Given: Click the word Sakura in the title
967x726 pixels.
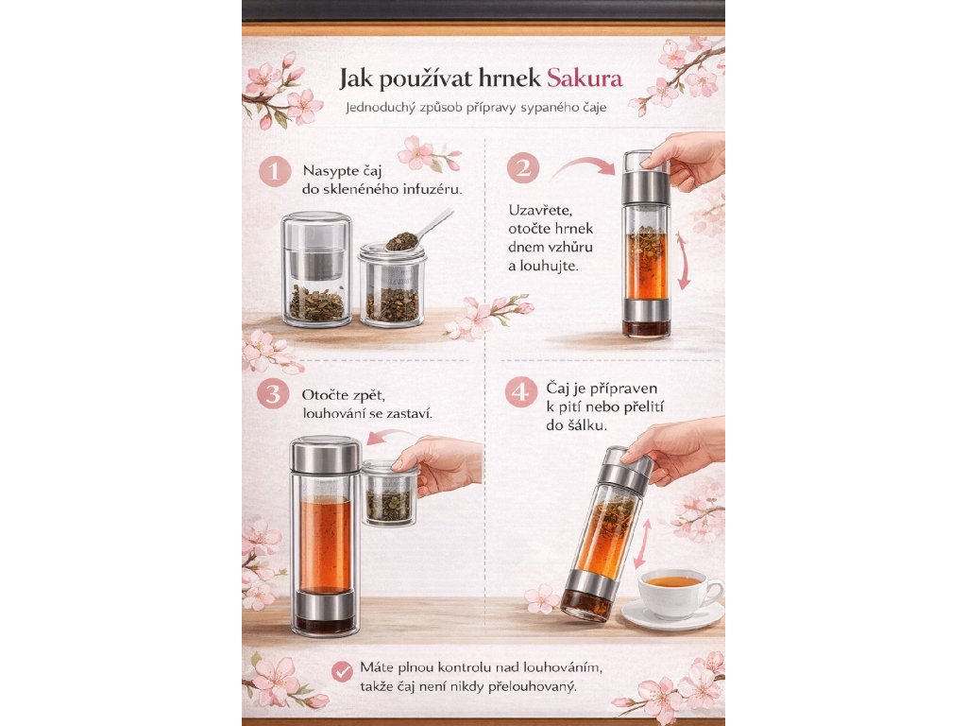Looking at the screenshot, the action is click(x=585, y=78).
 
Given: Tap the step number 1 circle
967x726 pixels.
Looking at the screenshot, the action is click(x=275, y=171).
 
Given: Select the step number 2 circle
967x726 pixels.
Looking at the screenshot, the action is click(x=523, y=168).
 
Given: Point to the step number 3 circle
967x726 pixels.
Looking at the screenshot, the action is click(x=273, y=394).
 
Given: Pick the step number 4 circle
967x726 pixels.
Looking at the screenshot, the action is click(x=521, y=392).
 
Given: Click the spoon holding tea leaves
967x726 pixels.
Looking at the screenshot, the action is click(x=419, y=231).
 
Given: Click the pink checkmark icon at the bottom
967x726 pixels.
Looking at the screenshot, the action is click(x=342, y=672).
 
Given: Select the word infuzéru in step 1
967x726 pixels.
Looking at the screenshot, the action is click(x=432, y=189).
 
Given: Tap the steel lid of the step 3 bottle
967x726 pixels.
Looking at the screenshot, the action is click(x=325, y=455).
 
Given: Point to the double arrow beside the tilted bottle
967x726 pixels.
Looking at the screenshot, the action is click(x=642, y=544).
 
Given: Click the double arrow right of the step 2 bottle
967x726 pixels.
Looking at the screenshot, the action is click(x=683, y=261).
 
